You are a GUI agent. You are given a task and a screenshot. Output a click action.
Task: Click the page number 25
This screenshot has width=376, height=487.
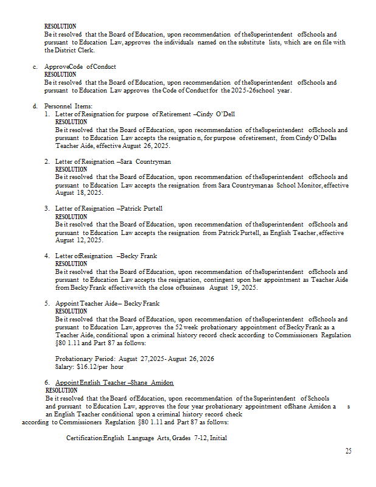[348, 451]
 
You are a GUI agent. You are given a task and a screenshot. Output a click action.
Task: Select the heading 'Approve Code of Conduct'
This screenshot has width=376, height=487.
[80, 67]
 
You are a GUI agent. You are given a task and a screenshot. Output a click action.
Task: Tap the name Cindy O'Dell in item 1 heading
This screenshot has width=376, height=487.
[211, 114]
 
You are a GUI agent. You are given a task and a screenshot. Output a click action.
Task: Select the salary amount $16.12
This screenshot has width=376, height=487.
[89, 367]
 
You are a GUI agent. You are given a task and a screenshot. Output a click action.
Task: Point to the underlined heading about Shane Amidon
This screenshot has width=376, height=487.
[114, 382]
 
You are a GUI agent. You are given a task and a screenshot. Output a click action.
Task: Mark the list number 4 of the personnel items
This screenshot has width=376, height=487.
[47, 256]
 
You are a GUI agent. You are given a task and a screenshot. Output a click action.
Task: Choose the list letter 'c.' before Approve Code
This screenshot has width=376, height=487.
[35, 67]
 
